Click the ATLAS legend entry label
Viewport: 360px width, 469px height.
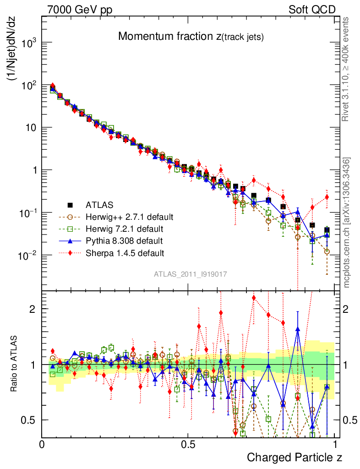98,205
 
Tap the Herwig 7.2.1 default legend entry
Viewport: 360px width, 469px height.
124,229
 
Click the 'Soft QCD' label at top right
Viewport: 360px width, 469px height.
312,10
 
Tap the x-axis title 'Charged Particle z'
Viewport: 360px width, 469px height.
294,457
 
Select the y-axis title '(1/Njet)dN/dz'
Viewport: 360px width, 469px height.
12,50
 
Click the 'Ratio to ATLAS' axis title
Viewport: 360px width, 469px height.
15,364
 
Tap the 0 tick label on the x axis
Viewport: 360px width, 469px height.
42,444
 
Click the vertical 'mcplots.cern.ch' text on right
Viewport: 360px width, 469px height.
347,222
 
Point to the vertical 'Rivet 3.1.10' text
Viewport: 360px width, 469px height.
347,69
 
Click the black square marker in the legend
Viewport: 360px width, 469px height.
70,205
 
